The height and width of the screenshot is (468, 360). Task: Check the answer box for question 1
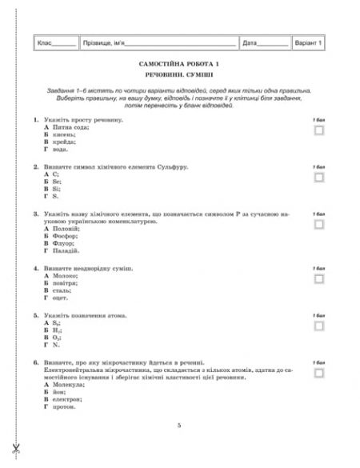[318, 130]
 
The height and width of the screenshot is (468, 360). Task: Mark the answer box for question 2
[318, 177]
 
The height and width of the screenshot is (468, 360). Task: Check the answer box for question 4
[318, 278]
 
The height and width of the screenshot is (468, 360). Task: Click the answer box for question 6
[318, 373]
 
